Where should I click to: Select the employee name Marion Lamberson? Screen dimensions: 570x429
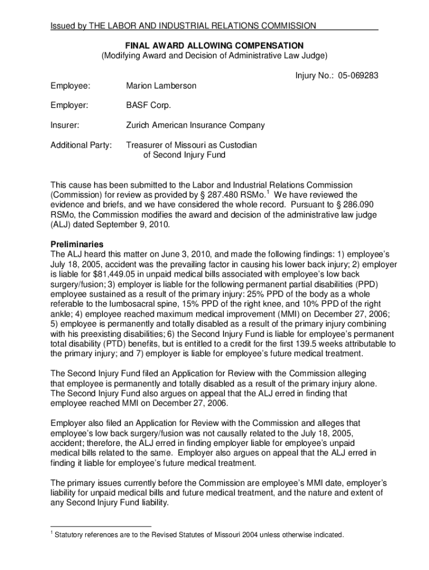coord(161,86)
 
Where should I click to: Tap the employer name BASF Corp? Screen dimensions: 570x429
coord(148,105)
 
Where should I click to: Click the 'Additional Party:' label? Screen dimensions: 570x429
coord(81,145)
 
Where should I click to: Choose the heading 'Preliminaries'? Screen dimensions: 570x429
coord(77,244)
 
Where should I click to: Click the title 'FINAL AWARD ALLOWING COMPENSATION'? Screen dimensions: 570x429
coord(214,45)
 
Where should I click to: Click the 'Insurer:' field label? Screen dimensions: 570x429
coord(65,125)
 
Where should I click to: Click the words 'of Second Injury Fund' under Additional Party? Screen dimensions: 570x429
coord(184,155)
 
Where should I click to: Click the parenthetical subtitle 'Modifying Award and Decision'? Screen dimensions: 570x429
coord(214,56)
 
